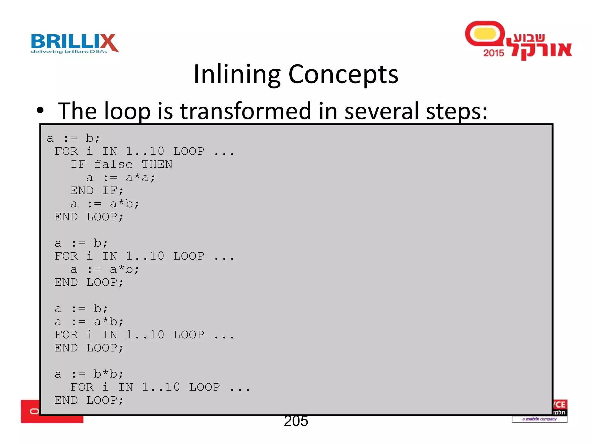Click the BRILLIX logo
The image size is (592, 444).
pos(75,42)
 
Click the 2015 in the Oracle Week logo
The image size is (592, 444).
pos(493,53)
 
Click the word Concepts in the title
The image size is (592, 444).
pos(343,75)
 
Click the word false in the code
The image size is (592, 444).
pos(113,164)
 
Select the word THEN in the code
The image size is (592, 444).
pos(157,164)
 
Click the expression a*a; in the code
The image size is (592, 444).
pos(140,177)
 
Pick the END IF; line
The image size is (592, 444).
pos(97,191)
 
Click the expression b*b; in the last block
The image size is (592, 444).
pos(108,374)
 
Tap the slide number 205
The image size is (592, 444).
pos(296,421)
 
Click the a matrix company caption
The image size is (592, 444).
pos(539,419)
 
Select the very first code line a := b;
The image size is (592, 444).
pos(73,138)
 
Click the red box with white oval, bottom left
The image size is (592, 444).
pos(30,411)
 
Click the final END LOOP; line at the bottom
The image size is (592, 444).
pos(89,400)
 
